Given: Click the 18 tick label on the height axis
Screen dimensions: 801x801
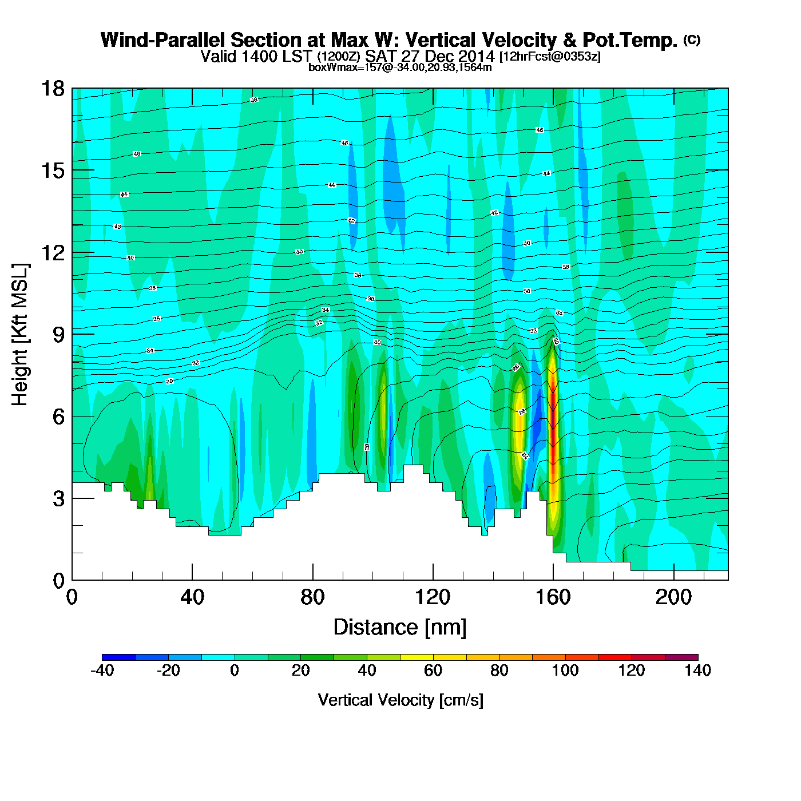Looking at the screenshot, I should (x=53, y=89).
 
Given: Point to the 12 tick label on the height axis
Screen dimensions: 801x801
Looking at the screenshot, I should (x=53, y=252).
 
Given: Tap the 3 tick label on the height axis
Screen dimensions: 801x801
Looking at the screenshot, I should (x=58, y=498).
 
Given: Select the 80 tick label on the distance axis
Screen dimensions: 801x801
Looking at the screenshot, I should (x=312, y=597).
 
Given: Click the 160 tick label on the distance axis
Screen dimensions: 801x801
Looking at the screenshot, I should (x=553, y=597).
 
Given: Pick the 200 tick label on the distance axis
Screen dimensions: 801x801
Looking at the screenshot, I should (x=673, y=597).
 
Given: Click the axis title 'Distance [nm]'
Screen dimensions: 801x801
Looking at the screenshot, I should (x=400, y=628).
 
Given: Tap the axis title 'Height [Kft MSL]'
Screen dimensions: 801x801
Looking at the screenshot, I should (x=20, y=335).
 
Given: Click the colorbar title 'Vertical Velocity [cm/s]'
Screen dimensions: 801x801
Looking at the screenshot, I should (x=400, y=700).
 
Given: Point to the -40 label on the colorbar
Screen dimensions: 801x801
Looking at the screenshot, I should (x=102, y=671).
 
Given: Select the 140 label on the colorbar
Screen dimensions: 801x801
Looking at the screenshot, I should (x=697, y=671).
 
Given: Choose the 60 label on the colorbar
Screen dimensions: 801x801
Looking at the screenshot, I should (x=433, y=671).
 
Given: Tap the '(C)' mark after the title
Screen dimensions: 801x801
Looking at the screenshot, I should (x=692, y=39).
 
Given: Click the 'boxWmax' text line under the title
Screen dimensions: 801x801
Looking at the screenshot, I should (x=400, y=67).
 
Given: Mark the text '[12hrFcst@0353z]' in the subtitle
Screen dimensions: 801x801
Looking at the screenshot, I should (x=550, y=57).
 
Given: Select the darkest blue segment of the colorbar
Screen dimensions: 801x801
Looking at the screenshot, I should (x=118, y=657).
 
